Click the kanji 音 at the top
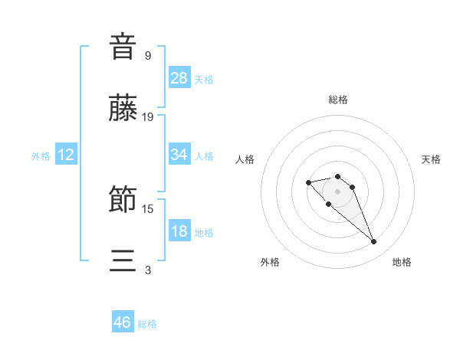(123, 46)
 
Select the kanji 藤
(123, 109)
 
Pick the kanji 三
(123, 262)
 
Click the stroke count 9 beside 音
(148, 55)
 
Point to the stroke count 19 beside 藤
(148, 117)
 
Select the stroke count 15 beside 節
(148, 208)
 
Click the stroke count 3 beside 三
(148, 270)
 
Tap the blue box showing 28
(179, 78)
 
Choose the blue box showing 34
(179, 155)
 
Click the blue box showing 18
(179, 231)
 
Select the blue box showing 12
(66, 155)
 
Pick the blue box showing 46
(123, 322)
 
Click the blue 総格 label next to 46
(147, 324)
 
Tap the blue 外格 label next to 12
(41, 156)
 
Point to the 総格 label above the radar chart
(338, 100)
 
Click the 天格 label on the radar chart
(431, 159)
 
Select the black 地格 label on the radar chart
(402, 262)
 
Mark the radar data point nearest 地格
(374, 242)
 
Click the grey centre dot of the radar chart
(337, 191)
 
